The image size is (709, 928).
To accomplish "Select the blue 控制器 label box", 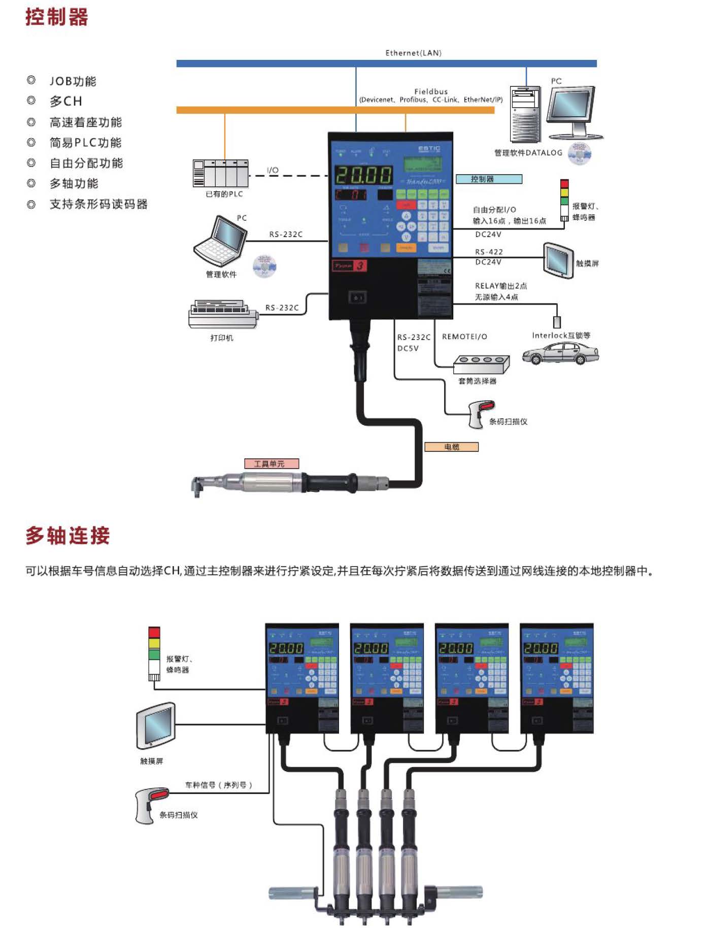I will click(x=488, y=179).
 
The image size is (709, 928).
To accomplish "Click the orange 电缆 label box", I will click(x=451, y=447).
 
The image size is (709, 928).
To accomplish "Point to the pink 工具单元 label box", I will click(x=272, y=463).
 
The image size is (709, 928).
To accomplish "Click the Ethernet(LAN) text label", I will click(x=413, y=53).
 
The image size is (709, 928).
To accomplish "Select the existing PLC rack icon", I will click(x=220, y=173).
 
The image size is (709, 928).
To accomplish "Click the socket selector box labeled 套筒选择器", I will click(x=481, y=363).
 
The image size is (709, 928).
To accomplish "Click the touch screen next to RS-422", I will click(x=558, y=260).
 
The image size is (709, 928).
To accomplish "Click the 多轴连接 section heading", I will click(x=67, y=536).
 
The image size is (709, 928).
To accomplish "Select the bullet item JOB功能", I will click(x=73, y=81).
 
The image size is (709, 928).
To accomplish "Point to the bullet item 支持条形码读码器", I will click(x=98, y=204).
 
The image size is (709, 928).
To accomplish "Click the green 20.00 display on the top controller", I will click(x=363, y=175).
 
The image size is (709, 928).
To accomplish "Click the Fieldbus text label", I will click(x=431, y=91).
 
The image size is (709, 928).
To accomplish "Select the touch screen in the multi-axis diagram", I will click(x=156, y=726).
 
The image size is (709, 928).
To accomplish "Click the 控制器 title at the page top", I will click(x=57, y=17).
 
